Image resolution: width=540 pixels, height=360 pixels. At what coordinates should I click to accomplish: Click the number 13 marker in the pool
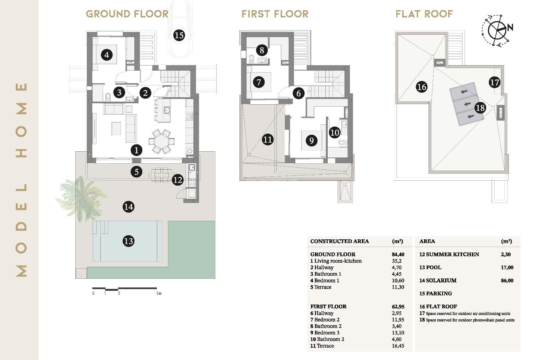[x=129, y=241]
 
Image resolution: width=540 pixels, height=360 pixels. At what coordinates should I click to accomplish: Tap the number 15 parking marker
[x=179, y=35]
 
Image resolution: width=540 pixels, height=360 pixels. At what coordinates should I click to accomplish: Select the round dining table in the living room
[x=161, y=141]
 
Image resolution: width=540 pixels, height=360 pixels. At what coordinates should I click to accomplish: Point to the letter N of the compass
[x=510, y=28]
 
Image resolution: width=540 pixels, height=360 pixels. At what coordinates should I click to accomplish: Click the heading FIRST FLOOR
[x=275, y=14]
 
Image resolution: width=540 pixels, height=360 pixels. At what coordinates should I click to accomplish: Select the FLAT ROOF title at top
[x=424, y=14]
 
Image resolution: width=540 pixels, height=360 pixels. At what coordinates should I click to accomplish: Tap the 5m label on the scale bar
[x=159, y=293]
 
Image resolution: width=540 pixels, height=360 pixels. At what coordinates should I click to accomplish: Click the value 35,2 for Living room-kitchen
[x=397, y=261]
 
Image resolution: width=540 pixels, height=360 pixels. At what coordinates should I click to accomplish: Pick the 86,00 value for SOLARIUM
[x=507, y=280]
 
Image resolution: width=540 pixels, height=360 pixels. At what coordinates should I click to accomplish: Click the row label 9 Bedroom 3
[x=325, y=333]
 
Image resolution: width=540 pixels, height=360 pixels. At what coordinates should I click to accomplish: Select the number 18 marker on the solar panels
[x=480, y=108]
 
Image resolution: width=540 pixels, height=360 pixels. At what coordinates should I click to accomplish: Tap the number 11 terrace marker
[x=267, y=139]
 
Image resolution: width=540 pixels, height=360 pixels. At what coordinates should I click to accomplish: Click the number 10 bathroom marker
[x=335, y=132]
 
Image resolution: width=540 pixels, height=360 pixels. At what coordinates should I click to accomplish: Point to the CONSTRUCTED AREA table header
[x=339, y=241]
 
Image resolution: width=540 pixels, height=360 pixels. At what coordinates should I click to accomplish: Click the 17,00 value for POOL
[x=507, y=267]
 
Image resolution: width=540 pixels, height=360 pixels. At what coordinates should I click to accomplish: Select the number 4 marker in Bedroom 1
[x=107, y=55]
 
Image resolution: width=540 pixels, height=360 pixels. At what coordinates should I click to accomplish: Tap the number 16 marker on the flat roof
[x=422, y=87]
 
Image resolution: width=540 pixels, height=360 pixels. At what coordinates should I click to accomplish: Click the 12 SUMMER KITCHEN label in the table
[x=449, y=255]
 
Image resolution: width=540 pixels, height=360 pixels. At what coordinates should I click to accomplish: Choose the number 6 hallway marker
[x=299, y=93]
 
